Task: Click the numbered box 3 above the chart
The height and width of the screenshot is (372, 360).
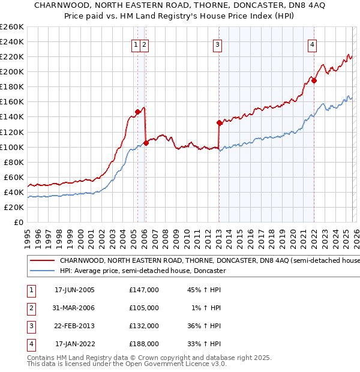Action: point(217,44)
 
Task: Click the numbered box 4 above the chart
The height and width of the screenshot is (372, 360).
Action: point(313,44)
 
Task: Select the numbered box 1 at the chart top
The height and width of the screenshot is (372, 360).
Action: point(136,44)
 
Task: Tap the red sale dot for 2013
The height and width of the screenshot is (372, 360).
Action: point(219,122)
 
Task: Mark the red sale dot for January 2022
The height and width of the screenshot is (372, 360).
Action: point(314,80)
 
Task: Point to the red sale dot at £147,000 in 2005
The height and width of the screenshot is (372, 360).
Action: point(138,112)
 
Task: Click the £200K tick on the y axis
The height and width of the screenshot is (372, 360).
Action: point(12,71)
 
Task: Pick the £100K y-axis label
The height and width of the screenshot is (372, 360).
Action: point(12,147)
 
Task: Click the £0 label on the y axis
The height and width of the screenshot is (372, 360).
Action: point(17,222)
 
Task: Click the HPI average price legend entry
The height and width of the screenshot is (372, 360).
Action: point(142,271)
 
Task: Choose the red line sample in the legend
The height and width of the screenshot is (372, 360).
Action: point(43,261)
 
